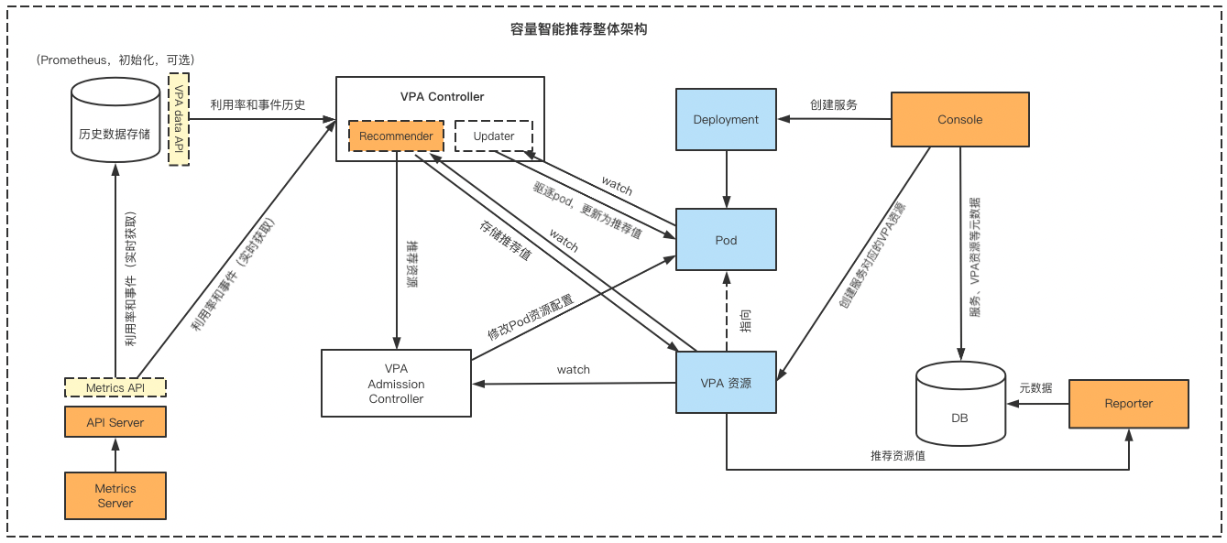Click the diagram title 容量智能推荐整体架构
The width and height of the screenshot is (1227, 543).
coord(578,29)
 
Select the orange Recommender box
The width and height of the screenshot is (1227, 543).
coord(396,136)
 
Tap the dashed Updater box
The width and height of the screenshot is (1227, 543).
coord(494,136)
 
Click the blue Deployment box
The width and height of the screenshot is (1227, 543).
coord(726,119)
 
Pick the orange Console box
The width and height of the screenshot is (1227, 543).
coord(959,119)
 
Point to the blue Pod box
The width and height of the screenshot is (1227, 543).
coord(726,240)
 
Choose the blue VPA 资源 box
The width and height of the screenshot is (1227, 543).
coord(726,384)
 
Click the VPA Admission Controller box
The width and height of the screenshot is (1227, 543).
coord(396,384)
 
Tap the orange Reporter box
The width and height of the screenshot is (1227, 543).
coord(1128,404)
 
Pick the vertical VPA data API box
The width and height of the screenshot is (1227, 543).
coord(179,119)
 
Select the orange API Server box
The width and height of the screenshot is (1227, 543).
coord(115,422)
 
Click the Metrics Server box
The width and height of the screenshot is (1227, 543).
coord(115,495)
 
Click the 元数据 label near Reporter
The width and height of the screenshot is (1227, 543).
coord(1035,388)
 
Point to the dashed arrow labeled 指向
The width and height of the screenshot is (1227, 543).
coord(726,311)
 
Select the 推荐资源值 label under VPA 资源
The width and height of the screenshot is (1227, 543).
coord(897,455)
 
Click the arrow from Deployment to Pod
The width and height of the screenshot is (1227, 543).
coord(726,179)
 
